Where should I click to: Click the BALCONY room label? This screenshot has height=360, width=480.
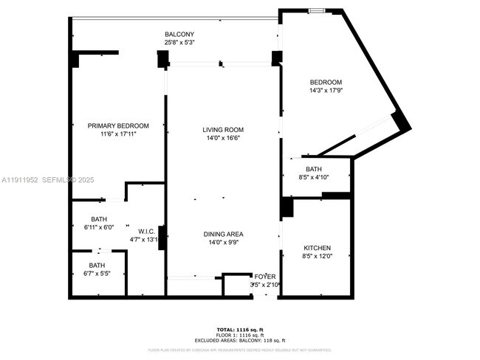pos(179,34)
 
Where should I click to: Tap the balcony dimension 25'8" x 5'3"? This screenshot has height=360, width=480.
pos(179,43)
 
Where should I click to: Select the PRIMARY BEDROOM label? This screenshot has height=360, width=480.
pos(118,125)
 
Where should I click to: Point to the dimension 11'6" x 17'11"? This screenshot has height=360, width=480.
pos(118,134)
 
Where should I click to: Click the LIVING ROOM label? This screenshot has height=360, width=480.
pos(223,130)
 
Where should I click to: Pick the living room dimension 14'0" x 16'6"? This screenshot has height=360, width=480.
pos(223,138)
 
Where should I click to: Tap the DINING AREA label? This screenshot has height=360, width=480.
pos(223,234)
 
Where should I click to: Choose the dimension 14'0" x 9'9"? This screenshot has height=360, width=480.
pos(223,242)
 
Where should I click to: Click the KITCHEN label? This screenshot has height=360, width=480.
pos(318,248)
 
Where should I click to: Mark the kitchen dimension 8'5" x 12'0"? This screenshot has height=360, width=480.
pos(318,257)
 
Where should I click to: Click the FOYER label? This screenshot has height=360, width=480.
pos(265,276)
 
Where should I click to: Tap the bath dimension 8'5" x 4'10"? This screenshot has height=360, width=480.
pos(314,177)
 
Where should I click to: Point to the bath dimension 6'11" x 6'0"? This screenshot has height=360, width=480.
pos(98,227)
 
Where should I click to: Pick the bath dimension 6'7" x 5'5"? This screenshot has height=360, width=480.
pos(97,274)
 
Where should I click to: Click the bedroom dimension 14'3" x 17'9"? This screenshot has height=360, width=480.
pos(325,90)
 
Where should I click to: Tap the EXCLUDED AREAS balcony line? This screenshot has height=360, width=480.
pos(241,340)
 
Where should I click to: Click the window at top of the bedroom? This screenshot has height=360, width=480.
pos(315,10)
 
